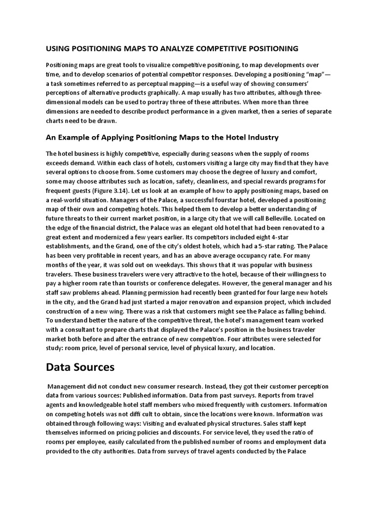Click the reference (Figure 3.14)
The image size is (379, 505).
pyautogui.click(x=110, y=190)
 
